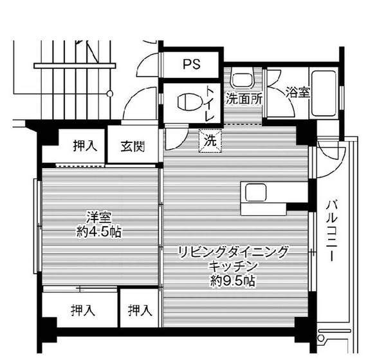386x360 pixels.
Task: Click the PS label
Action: click(x=191, y=64)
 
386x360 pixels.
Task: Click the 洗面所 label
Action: click(x=243, y=99)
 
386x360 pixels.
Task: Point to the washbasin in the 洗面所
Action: click(x=242, y=81)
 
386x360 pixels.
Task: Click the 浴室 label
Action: click(x=298, y=92)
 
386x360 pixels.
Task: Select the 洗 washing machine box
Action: click(x=210, y=140)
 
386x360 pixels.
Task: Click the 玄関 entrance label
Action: click(x=132, y=146)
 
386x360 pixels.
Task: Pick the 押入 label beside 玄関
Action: click(x=84, y=146)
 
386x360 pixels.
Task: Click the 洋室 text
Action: click(x=98, y=216)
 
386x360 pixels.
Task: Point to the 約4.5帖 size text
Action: click(x=98, y=231)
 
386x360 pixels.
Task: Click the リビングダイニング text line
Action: click(x=233, y=251)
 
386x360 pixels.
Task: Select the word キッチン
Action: click(x=233, y=265)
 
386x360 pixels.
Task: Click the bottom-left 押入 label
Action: click(x=83, y=311)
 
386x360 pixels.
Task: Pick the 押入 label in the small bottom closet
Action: click(x=140, y=311)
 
